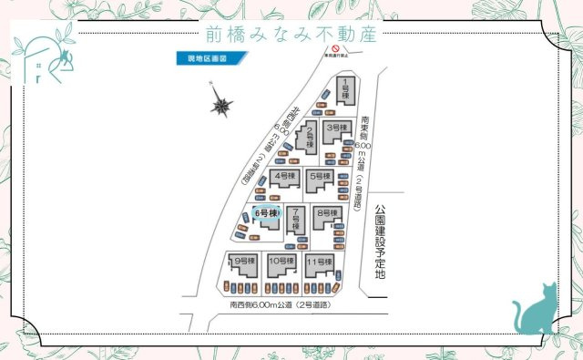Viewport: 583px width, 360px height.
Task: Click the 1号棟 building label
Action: (x=347, y=91)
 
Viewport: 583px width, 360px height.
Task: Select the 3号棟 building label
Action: (x=338, y=127)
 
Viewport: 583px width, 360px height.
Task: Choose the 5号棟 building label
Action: (x=319, y=175)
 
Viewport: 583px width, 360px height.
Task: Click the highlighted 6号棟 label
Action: (x=266, y=213)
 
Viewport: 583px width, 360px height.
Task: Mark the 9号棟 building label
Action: (x=243, y=262)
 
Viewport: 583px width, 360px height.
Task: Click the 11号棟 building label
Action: (x=318, y=262)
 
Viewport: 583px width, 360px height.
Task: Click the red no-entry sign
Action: (x=335, y=48)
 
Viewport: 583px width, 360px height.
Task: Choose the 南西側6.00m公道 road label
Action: (x=279, y=304)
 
